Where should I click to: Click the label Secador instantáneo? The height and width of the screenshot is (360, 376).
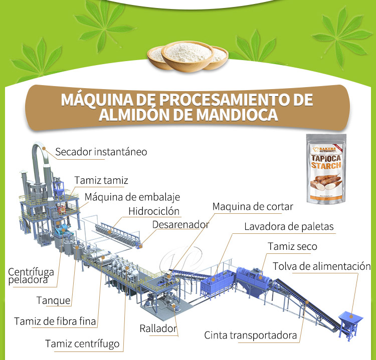click(x=101, y=152)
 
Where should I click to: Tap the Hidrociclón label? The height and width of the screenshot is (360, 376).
click(x=154, y=211)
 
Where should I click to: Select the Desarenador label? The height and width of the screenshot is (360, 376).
click(x=180, y=225)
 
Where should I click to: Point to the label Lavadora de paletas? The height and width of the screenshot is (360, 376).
click(x=289, y=227)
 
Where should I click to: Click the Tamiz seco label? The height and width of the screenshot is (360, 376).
click(x=292, y=246)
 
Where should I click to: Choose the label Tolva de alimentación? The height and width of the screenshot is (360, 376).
click(x=322, y=266)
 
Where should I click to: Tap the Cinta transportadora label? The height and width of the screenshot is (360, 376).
click(x=250, y=335)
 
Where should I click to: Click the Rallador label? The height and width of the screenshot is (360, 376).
click(x=158, y=328)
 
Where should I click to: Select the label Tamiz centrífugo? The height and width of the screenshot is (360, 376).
click(x=82, y=344)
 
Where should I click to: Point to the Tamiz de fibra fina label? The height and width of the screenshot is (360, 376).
click(x=55, y=321)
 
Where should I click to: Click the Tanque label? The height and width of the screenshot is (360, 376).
click(x=54, y=300)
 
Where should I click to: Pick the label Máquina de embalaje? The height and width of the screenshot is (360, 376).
click(x=132, y=197)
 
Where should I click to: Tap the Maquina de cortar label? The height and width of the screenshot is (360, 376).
click(x=253, y=207)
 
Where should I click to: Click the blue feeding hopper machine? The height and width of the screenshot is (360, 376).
click(x=349, y=323)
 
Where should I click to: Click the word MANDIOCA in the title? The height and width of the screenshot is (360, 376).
click(x=237, y=115)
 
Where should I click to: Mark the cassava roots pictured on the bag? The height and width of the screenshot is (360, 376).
click(x=326, y=182)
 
